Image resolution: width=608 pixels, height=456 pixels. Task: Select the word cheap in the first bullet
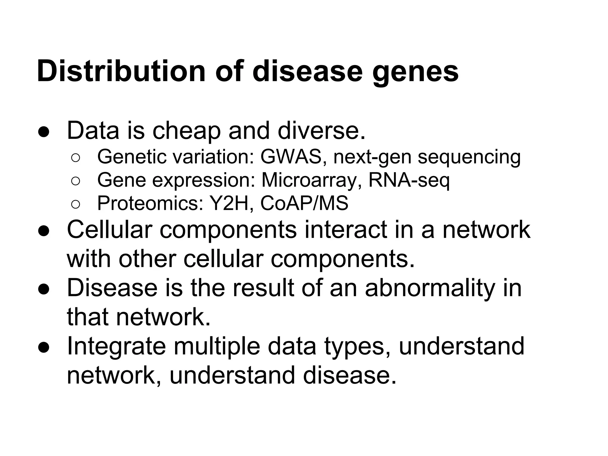186,131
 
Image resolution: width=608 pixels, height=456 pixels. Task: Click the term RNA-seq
409,180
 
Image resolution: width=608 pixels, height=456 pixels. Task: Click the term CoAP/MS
304,204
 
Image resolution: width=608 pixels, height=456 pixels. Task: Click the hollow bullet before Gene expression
75,181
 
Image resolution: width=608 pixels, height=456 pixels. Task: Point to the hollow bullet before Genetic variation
75,158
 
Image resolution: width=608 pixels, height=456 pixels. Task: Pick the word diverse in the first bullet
321,131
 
